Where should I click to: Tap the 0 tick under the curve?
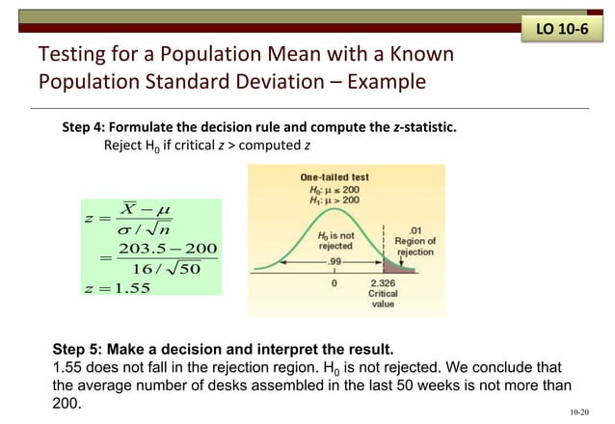[x=334, y=283]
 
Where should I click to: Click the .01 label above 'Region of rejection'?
[x=415, y=229]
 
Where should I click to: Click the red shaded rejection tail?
[x=393, y=267]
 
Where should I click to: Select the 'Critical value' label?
[x=384, y=299]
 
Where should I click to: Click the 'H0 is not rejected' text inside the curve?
[x=335, y=240]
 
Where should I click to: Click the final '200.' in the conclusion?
[x=66, y=405]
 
